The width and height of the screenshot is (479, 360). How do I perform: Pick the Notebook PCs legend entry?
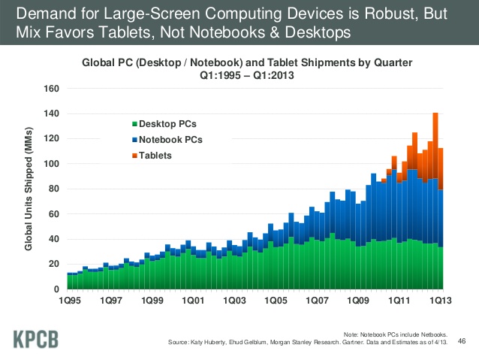[170, 139]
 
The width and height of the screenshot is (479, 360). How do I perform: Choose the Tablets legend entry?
[155, 156]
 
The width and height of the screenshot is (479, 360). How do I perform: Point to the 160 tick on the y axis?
[51, 89]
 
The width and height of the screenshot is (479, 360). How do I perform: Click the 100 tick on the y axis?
[51, 164]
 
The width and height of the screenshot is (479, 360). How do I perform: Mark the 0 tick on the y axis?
[56, 289]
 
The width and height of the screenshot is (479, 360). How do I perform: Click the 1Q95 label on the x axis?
[68, 301]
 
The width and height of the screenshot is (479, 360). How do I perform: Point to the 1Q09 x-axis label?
[355, 301]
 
